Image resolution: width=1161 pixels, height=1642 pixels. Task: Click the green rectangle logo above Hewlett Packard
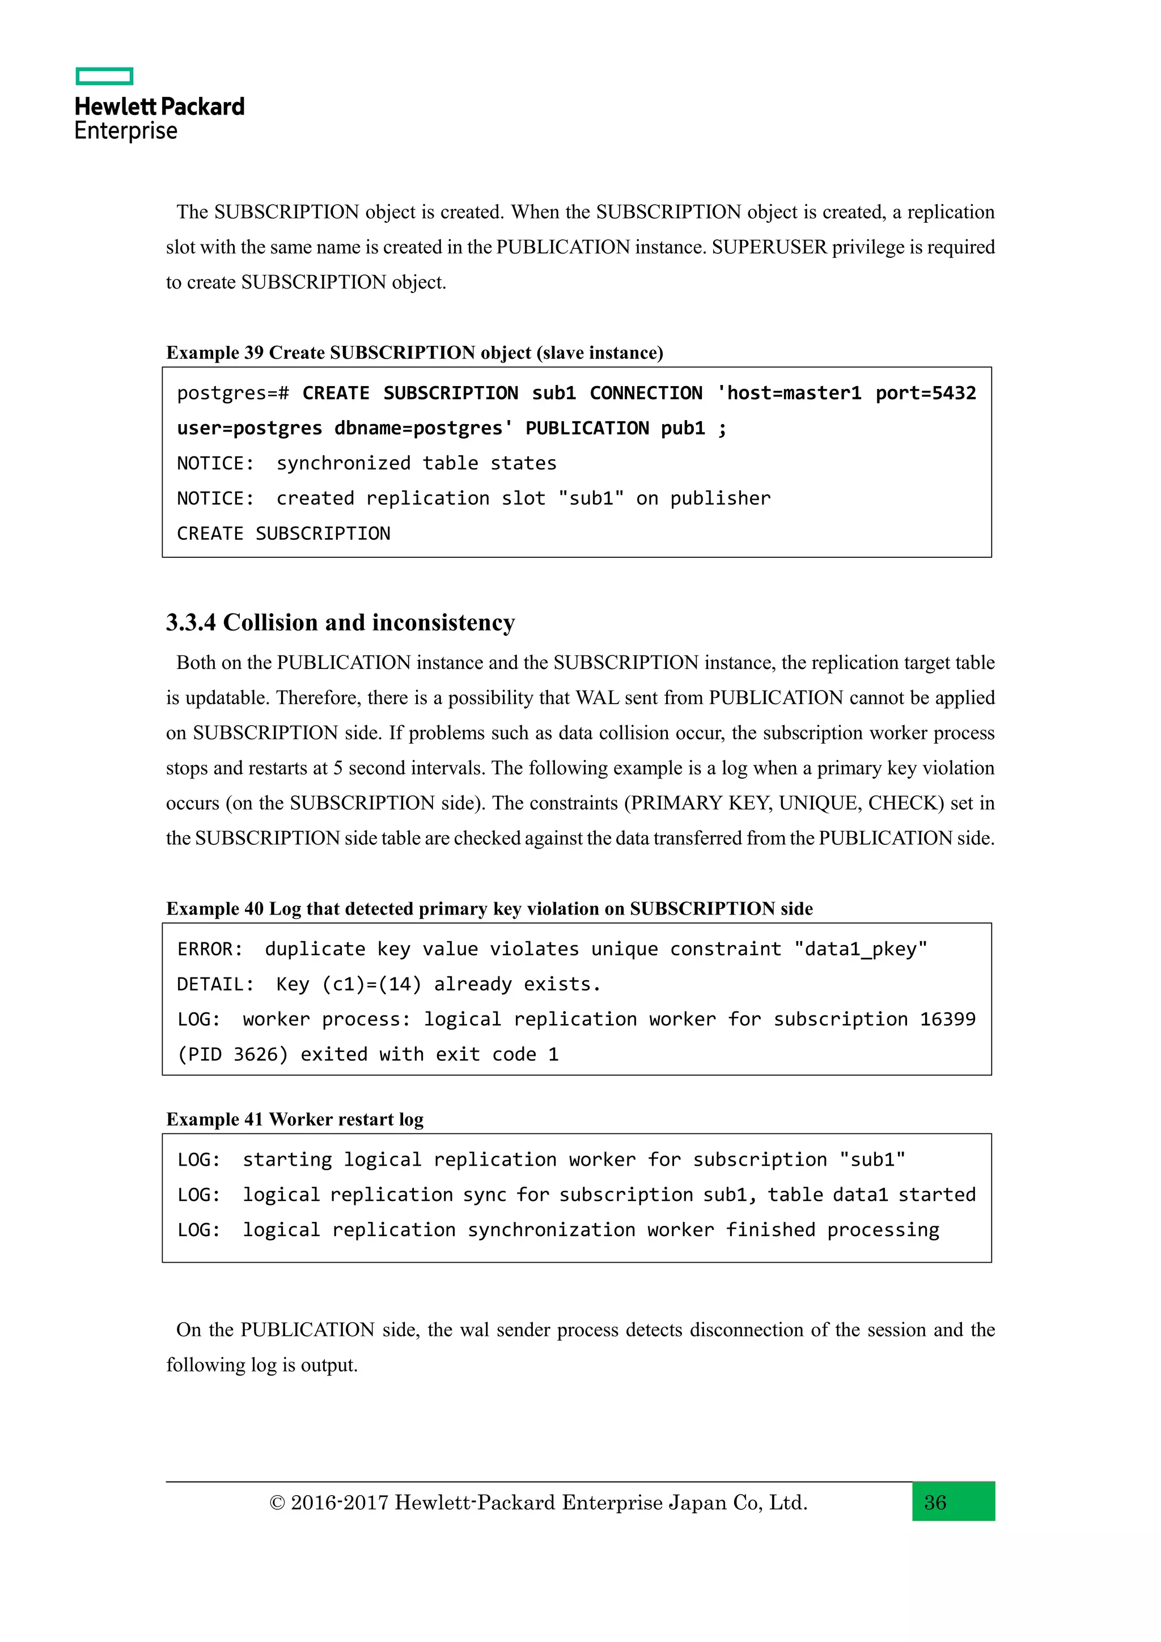[x=104, y=76]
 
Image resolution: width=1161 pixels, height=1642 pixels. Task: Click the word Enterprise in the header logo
[x=126, y=131]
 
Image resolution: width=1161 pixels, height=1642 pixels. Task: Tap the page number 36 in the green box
[x=935, y=1502]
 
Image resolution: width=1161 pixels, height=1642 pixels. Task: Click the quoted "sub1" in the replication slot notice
[x=591, y=498]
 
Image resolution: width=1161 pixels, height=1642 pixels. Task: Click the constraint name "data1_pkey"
[x=860, y=949]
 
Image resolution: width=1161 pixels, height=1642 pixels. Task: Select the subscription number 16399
[x=947, y=1019]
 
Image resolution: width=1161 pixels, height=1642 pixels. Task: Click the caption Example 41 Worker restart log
[x=295, y=1119]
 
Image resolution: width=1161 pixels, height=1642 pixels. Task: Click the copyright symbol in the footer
[x=277, y=1503]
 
